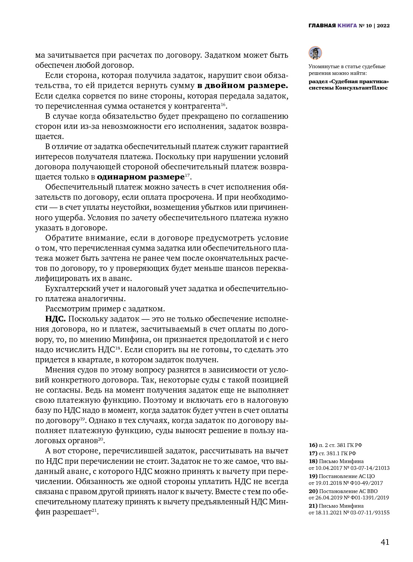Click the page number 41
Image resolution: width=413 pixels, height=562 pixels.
pos(385,542)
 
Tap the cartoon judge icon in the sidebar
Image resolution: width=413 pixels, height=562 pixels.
pos(315,53)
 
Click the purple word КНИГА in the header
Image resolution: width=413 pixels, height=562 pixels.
pos(347,26)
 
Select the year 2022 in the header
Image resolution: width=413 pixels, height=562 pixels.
pos(383,26)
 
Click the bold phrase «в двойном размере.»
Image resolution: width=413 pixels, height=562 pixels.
pos(243,85)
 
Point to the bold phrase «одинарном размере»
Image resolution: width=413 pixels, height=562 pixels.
pos(140,177)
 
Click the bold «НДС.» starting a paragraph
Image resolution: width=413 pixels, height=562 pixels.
pos(55,319)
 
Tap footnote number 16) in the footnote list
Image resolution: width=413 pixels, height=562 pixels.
pos(313,445)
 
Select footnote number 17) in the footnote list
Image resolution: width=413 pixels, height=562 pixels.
pos(313,453)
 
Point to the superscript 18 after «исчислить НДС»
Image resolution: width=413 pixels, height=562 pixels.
pos(117,348)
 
